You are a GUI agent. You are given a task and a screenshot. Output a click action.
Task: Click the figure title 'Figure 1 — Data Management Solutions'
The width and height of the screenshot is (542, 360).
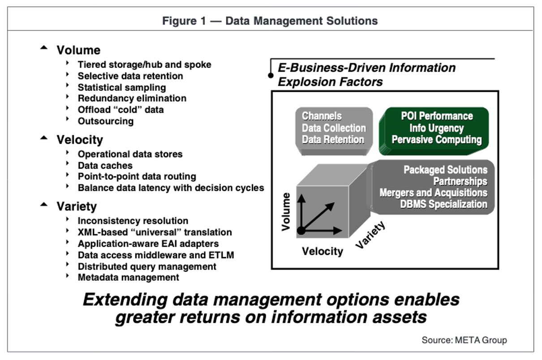[x=270, y=21]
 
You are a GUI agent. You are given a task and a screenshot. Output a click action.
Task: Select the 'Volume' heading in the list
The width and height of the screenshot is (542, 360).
[x=78, y=50]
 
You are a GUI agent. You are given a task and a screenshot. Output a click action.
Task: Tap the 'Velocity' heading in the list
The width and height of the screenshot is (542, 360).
[x=80, y=140]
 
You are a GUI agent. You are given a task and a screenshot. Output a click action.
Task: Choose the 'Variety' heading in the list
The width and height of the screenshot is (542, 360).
[x=77, y=206]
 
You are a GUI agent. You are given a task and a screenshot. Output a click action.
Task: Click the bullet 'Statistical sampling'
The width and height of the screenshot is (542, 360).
[x=121, y=87]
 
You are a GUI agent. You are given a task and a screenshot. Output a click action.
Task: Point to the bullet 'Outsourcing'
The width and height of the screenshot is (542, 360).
[x=105, y=121]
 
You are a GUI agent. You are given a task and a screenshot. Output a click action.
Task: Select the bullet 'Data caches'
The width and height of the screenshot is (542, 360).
[x=105, y=165]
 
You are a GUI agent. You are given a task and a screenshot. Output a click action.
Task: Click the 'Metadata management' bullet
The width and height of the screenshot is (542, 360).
[x=128, y=277]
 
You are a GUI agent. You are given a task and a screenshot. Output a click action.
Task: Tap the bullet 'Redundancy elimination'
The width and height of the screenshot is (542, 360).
[x=132, y=98]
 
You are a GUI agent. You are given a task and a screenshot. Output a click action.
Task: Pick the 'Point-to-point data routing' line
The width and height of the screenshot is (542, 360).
[x=137, y=176]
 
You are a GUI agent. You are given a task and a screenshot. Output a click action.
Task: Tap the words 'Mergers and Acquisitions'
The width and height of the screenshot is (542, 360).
[x=433, y=193]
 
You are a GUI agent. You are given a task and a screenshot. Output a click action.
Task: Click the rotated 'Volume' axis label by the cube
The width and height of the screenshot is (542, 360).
[x=286, y=212]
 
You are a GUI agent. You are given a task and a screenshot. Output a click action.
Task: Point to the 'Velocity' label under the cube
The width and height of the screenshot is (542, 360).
[x=322, y=251]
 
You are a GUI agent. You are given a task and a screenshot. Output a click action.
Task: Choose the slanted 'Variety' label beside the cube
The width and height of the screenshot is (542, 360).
[x=370, y=236]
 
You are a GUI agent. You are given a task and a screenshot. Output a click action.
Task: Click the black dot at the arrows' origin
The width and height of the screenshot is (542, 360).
[x=301, y=231]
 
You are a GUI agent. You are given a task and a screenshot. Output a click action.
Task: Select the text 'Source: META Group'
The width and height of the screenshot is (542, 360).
[x=464, y=340]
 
